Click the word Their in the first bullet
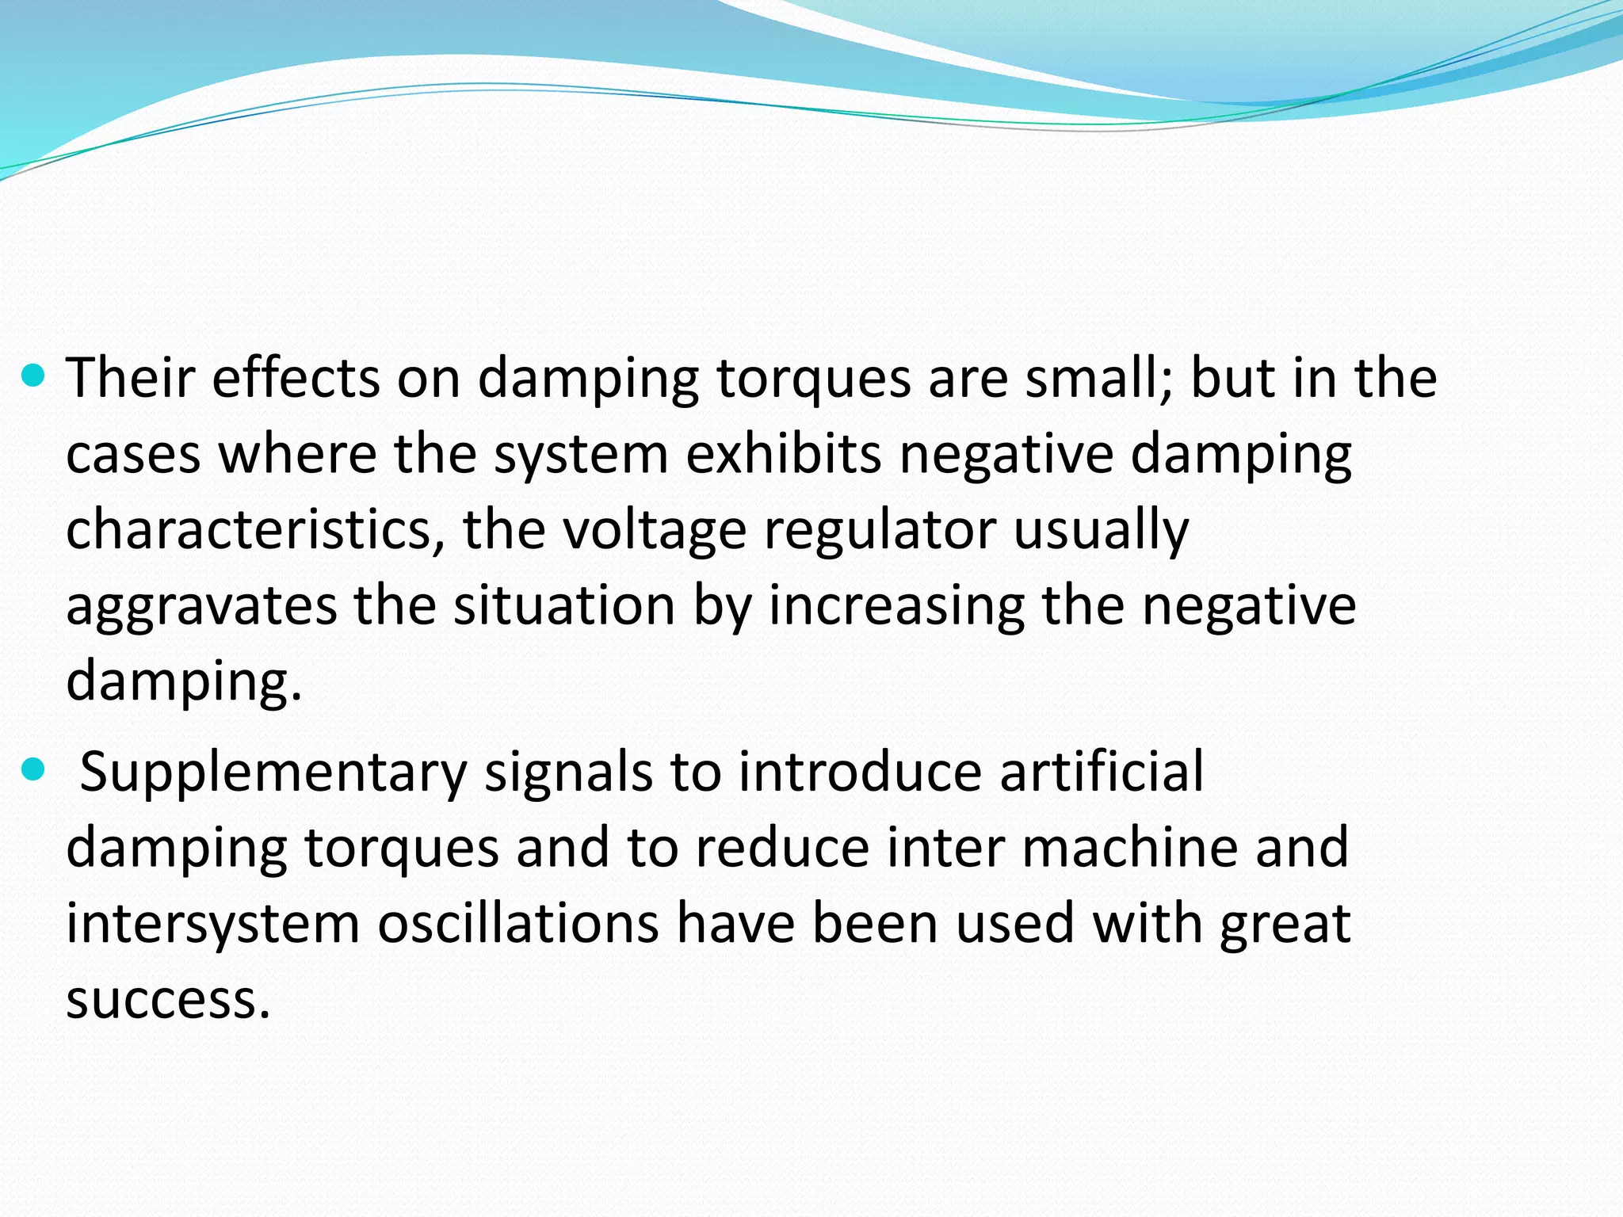tap(130, 377)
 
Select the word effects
tap(296, 377)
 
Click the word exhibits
tap(783, 454)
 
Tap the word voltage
tap(655, 529)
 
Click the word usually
tap(1102, 529)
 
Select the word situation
tap(563, 605)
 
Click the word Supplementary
tap(273, 772)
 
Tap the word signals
tap(568, 772)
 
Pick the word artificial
tap(1102, 770)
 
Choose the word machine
tap(1130, 846)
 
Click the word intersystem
tap(213, 923)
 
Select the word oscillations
tap(517, 923)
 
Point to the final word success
tap(168, 999)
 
